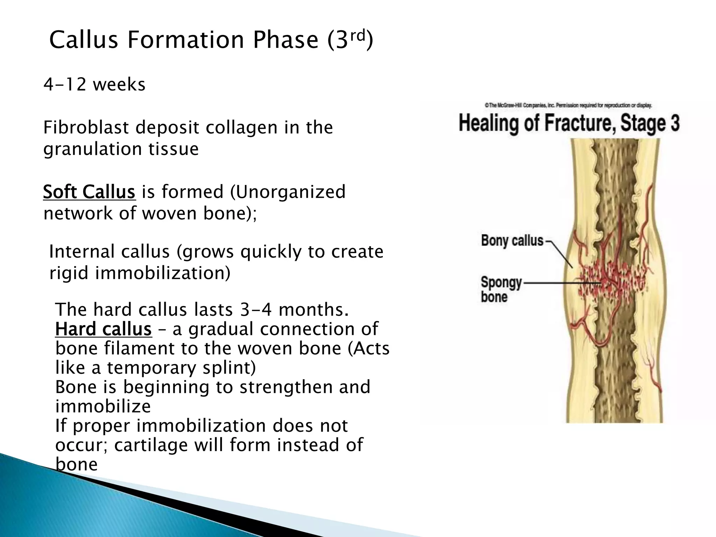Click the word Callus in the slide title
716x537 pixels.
84,40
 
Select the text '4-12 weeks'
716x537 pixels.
94,85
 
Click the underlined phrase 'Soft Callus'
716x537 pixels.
89,192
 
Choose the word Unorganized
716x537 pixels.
291,192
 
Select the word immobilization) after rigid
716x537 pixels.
163,273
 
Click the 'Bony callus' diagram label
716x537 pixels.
512,241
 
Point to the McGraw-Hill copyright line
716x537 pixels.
568,105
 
